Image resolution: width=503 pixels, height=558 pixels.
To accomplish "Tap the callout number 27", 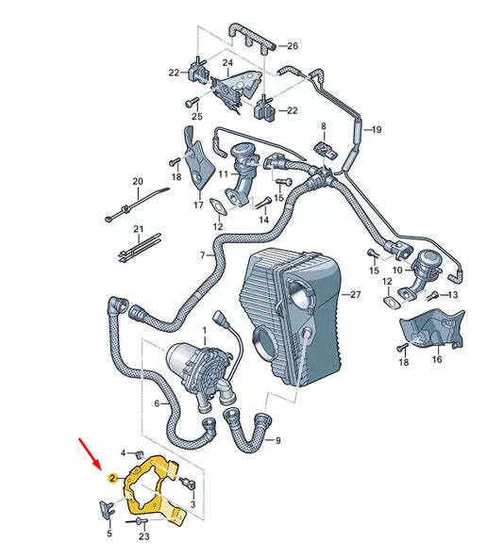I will point(356,295).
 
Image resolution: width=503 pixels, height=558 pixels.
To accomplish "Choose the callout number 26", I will point(292,46).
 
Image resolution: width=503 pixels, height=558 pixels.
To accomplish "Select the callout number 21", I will point(138,229).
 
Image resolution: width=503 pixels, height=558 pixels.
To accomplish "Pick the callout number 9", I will point(278,440).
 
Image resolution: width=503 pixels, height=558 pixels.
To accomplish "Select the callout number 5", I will point(109,533).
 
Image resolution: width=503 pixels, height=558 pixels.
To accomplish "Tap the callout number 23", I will point(144,537).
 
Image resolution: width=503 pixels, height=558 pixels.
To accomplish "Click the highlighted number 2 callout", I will point(112,479).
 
